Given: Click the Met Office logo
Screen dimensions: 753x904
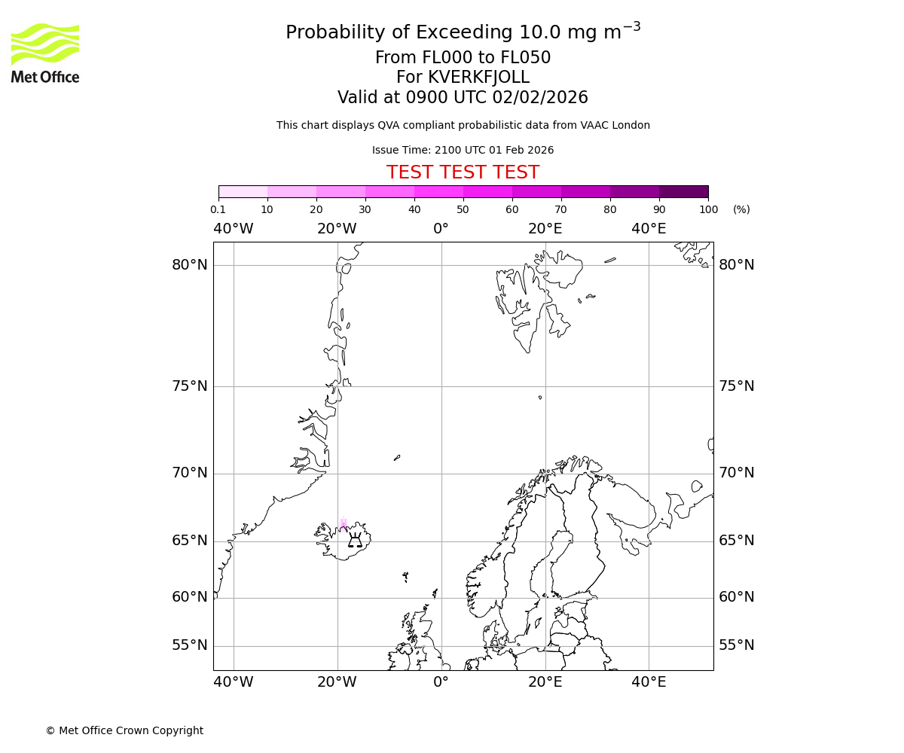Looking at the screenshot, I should (x=45, y=53).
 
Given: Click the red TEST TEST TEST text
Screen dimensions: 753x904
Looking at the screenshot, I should (x=463, y=172).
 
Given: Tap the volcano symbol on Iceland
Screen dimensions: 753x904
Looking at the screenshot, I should (x=355, y=539).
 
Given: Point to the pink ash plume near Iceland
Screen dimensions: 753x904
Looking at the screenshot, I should (x=344, y=524).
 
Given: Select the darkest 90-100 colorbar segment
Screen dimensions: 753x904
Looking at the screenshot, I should (x=683, y=191).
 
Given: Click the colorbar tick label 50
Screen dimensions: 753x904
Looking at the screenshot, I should (x=463, y=209).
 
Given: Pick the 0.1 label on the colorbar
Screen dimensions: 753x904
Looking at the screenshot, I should (x=218, y=209).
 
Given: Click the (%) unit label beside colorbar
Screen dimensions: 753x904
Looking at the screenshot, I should (x=741, y=209).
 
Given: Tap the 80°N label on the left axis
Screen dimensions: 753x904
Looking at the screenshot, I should (x=189, y=265).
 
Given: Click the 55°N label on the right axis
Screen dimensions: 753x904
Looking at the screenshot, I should (x=736, y=645).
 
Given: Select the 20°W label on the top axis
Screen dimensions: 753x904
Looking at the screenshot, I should (x=337, y=228).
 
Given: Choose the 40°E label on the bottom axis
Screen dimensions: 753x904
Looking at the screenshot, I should (x=649, y=682).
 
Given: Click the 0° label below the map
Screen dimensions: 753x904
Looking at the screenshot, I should (x=441, y=682).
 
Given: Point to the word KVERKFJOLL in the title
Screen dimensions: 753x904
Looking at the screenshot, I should (x=478, y=78).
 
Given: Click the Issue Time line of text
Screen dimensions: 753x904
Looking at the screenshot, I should (x=463, y=150).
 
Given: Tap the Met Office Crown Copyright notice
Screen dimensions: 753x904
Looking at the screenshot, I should (x=124, y=730).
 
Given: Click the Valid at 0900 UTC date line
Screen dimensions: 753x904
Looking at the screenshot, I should (x=463, y=98).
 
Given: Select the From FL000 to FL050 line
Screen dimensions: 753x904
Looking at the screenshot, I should (x=463, y=58).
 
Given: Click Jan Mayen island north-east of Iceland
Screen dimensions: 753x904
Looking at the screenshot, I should (x=397, y=457).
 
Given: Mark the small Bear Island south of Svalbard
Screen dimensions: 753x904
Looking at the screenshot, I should (x=540, y=397).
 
